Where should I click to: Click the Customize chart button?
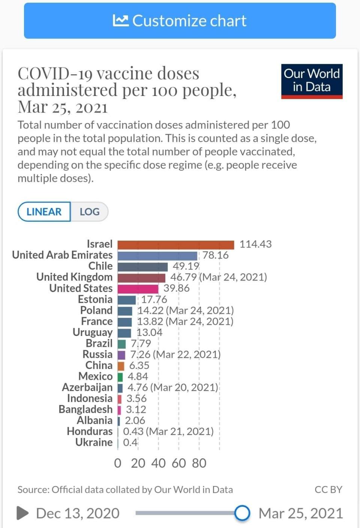[180, 21]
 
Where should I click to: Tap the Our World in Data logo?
[312, 81]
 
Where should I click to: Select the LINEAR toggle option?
[44, 212]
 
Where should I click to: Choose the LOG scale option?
[90, 212]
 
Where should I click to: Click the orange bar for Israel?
[175, 244]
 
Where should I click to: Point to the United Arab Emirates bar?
[157, 256]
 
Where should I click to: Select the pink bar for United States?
[138, 289]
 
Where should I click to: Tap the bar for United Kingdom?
[141, 277]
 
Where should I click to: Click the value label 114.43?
[255, 244]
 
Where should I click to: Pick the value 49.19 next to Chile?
[186, 266]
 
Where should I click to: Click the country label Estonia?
[95, 299]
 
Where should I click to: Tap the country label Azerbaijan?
[87, 387]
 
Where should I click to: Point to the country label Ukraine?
[94, 442]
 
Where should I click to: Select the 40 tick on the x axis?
[158, 463]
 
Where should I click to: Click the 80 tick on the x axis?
[199, 463]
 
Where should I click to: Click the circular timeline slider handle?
[242, 513]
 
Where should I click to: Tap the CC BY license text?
[328, 490]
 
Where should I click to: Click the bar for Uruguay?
[124, 333]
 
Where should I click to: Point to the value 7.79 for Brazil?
[141, 343]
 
